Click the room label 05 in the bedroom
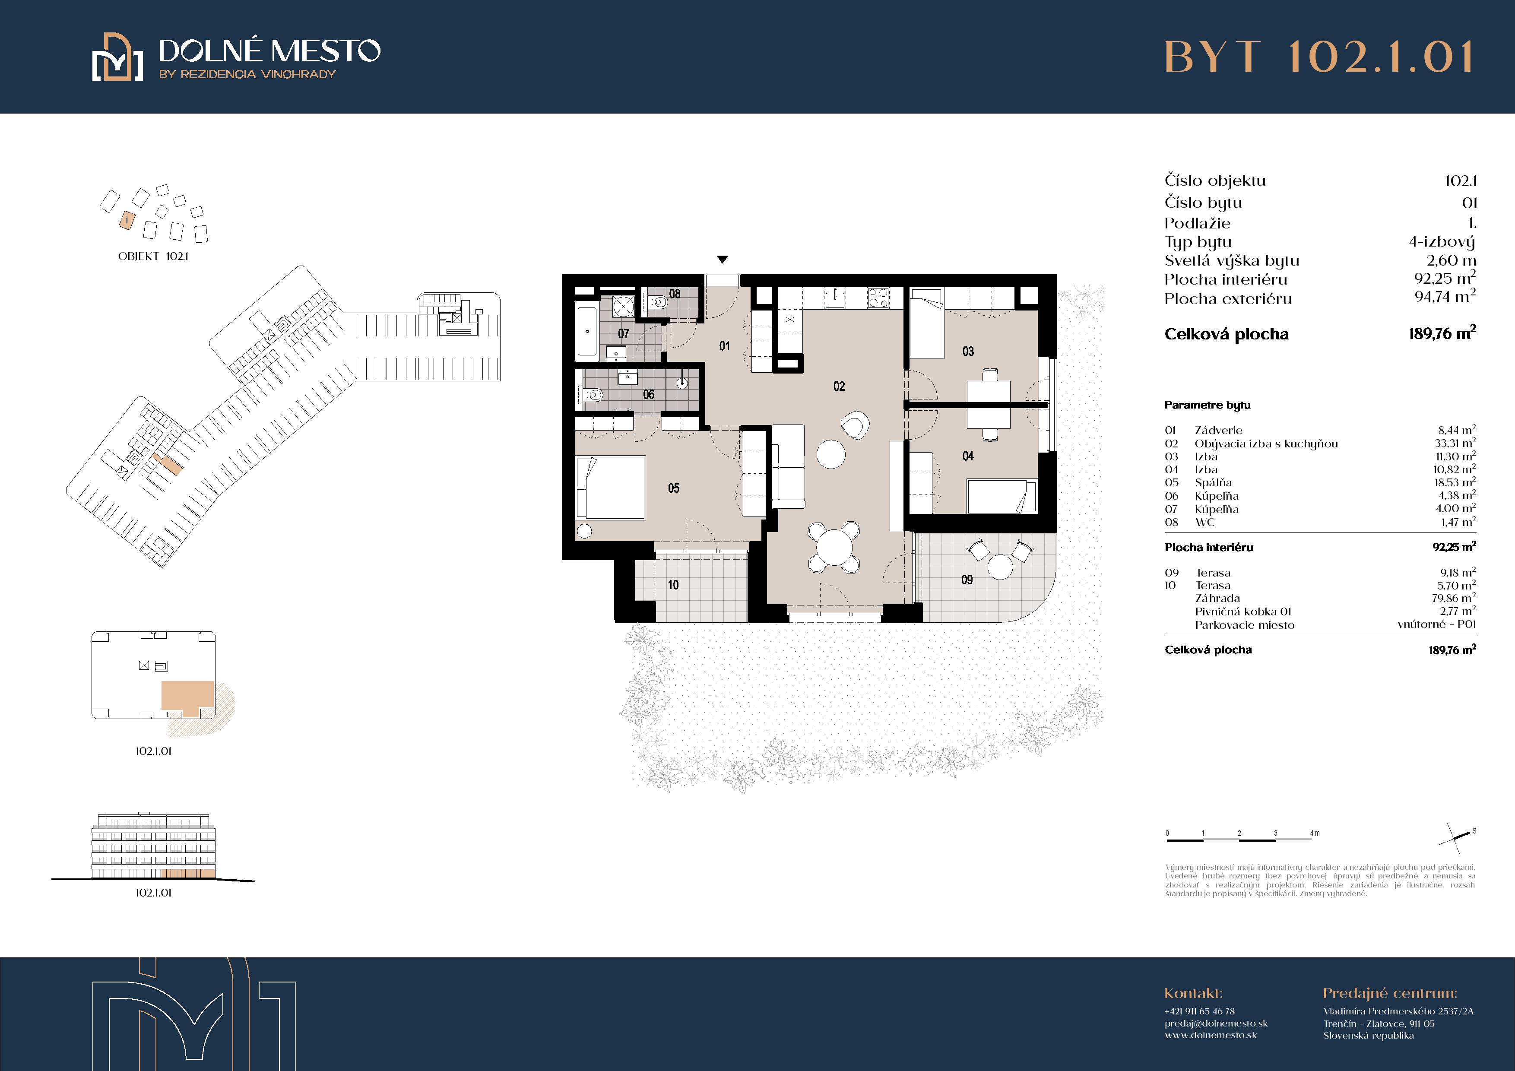[x=673, y=488]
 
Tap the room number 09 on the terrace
[x=967, y=580]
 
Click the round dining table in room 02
[x=835, y=546]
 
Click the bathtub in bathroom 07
[x=586, y=331]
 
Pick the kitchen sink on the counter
[x=835, y=298]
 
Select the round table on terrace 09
[x=1000, y=567]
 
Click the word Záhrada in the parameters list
[x=1217, y=599]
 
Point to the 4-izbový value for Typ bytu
[x=1442, y=241]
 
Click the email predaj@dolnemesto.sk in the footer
[x=1216, y=1023]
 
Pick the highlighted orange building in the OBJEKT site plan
[x=126, y=220]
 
